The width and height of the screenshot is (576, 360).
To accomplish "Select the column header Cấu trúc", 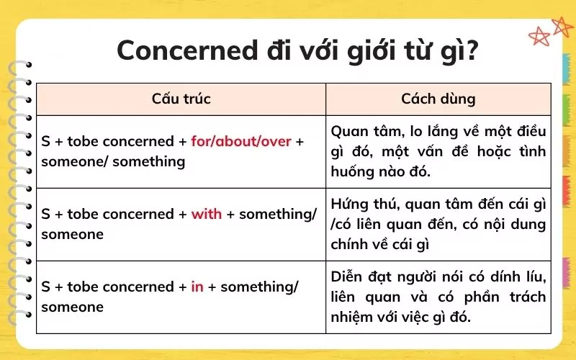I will [x=181, y=99].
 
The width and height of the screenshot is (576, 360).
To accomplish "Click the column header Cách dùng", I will [x=438, y=99].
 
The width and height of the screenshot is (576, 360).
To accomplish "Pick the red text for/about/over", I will [x=240, y=141].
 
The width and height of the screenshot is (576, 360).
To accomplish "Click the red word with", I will [x=207, y=214].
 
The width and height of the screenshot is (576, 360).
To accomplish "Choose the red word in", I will [x=197, y=287].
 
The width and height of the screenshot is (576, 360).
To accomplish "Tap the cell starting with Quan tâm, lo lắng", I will [x=438, y=152].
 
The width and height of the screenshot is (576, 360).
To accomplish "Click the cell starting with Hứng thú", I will [x=438, y=224].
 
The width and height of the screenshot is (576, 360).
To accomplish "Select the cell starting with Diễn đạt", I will [x=438, y=297].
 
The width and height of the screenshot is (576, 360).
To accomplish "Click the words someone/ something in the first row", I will [x=113, y=161].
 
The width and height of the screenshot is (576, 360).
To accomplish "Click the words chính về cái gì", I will [x=379, y=244].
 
